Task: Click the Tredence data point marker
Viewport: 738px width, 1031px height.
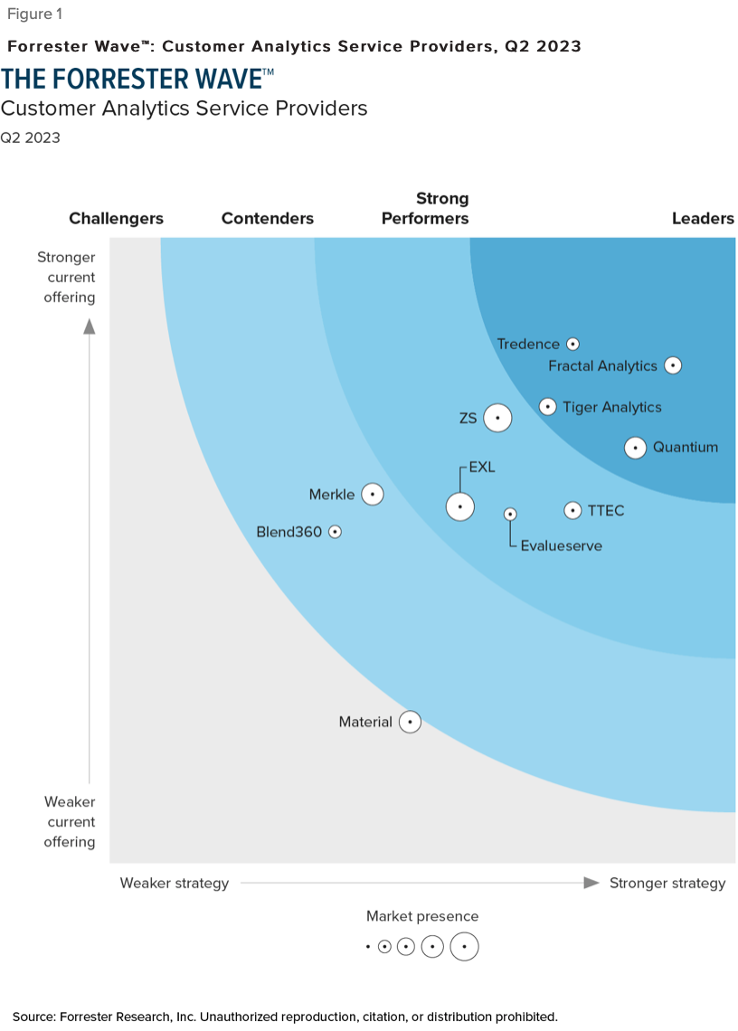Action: click(572, 344)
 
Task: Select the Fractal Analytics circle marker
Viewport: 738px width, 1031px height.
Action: click(672, 365)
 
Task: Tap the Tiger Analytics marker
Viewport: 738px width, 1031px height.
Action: click(547, 407)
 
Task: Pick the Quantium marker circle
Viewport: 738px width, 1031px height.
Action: click(636, 447)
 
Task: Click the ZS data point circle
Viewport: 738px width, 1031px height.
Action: click(497, 418)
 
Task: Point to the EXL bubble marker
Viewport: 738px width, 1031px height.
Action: click(460, 506)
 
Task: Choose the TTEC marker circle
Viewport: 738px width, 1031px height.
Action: click(572, 510)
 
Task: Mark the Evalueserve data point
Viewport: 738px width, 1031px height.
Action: click(510, 514)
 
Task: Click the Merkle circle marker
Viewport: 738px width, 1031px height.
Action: click(372, 494)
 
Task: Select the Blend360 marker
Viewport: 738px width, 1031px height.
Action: click(335, 532)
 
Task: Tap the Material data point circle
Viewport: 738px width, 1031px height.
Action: click(410, 722)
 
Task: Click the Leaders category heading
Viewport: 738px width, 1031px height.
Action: click(703, 218)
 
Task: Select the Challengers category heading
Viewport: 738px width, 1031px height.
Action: click(116, 218)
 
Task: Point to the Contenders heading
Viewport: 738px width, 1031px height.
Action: click(267, 218)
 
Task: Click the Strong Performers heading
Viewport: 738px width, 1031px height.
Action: click(425, 208)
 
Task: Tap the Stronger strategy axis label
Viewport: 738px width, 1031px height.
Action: click(667, 883)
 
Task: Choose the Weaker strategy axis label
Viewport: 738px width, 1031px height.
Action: click(175, 883)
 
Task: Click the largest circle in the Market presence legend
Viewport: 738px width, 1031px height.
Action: click(464, 947)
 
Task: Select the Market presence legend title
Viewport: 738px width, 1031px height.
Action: click(422, 916)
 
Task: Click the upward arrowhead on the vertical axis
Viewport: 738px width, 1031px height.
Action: click(90, 326)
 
